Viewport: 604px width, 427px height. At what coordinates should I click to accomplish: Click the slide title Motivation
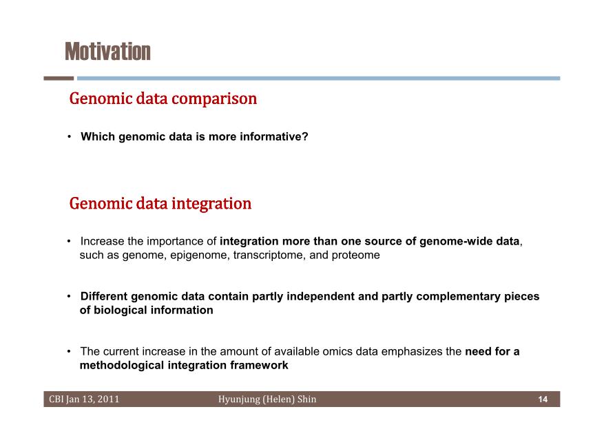(x=108, y=52)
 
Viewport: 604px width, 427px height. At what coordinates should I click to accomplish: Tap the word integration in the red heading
(x=211, y=204)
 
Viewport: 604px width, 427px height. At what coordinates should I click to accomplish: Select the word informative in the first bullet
(x=274, y=136)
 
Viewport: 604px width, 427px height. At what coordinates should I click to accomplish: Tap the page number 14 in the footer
(x=543, y=399)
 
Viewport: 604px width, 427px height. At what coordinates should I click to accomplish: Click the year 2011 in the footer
(x=108, y=399)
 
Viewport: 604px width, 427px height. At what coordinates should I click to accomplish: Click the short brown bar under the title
(x=59, y=78)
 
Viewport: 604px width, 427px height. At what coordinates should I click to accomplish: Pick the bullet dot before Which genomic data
(x=69, y=136)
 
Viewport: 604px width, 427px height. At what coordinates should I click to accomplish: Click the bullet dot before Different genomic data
(x=69, y=296)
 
